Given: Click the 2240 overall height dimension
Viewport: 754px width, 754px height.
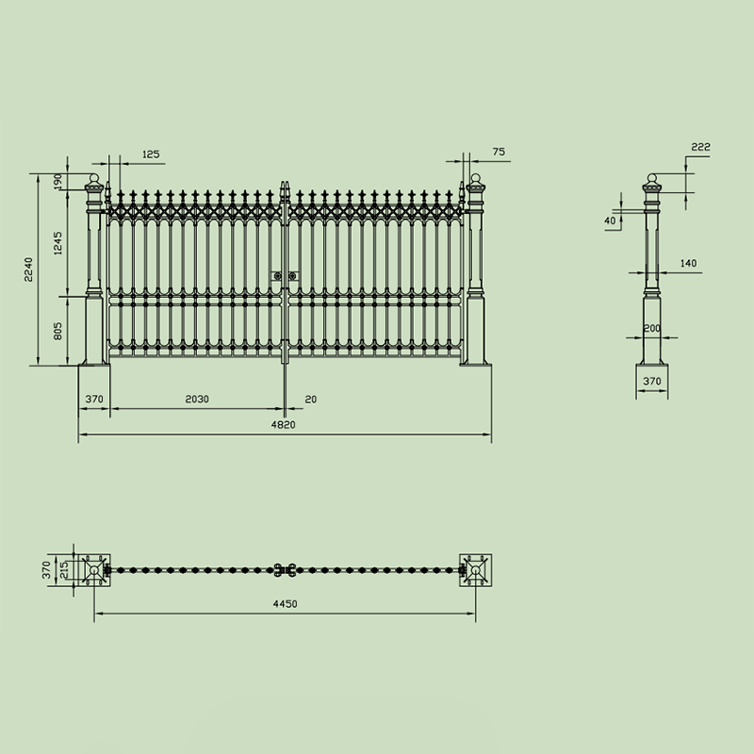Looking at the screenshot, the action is click(x=29, y=270).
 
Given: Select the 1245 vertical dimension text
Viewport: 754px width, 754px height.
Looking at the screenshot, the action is click(x=57, y=243).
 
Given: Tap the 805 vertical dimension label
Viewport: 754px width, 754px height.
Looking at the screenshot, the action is click(x=57, y=331).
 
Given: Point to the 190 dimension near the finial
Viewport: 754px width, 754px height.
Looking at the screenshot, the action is click(x=57, y=181).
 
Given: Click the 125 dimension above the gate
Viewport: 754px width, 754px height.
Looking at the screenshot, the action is click(x=151, y=155).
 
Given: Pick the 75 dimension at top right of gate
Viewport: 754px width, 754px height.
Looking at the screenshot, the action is click(x=500, y=152).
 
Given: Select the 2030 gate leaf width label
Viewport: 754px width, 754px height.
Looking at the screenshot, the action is click(x=197, y=399).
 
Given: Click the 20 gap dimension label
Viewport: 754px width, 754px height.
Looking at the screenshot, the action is click(x=311, y=399).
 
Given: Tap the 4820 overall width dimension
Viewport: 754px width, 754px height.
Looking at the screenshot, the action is click(x=284, y=425).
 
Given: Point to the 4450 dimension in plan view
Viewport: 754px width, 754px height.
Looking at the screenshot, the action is click(x=286, y=604).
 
